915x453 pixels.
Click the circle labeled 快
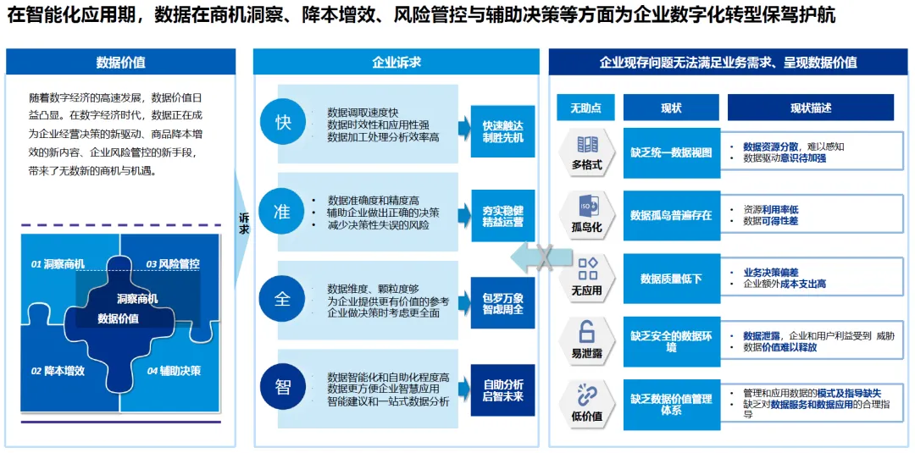tap(283, 122)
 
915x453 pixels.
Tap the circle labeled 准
tap(283, 212)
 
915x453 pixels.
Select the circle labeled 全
tap(283, 299)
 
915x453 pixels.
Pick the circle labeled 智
tap(283, 387)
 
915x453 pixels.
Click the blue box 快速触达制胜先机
tap(502, 130)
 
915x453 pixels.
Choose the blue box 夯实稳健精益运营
tap(502, 216)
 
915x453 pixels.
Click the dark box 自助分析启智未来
tap(502, 390)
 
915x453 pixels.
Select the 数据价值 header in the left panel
tap(120, 62)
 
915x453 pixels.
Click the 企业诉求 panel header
tap(396, 62)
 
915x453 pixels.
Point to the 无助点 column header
tap(585, 108)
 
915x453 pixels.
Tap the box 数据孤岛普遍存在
tap(671, 216)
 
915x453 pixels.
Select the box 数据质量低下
tap(671, 279)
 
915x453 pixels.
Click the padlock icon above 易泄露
tap(586, 332)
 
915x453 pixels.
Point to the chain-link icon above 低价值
tap(586, 394)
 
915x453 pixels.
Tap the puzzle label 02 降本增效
tap(58, 371)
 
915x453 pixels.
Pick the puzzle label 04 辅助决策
tap(174, 371)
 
